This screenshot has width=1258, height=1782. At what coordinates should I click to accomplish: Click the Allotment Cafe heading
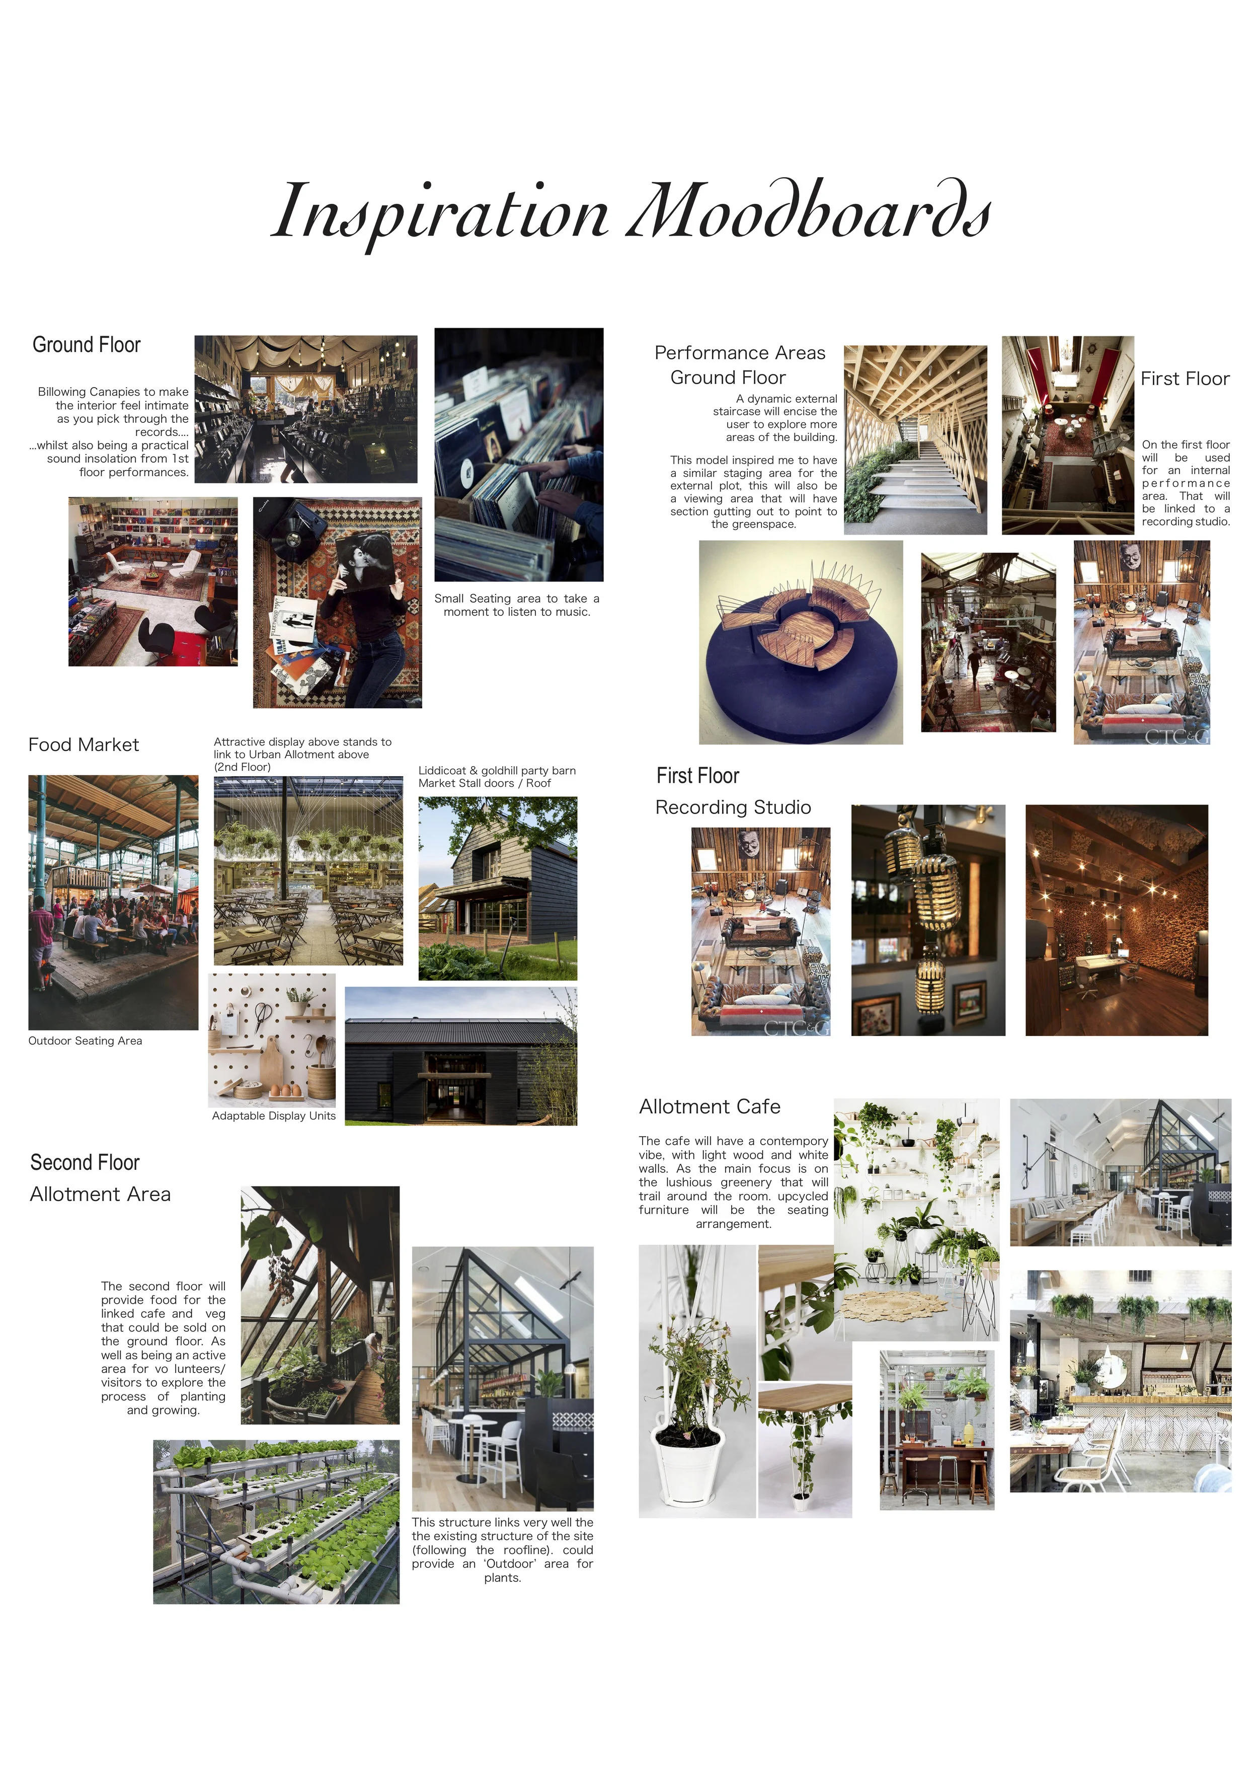click(x=710, y=1107)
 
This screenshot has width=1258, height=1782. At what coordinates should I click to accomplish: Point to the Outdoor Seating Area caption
click(x=86, y=1041)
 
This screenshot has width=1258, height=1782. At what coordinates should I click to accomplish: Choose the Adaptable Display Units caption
click(x=273, y=1116)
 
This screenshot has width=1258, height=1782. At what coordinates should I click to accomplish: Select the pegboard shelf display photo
click(x=272, y=1040)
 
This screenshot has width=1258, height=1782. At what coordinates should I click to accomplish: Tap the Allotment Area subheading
click(x=100, y=1195)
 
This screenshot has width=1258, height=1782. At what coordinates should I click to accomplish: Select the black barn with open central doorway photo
click(x=460, y=1056)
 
